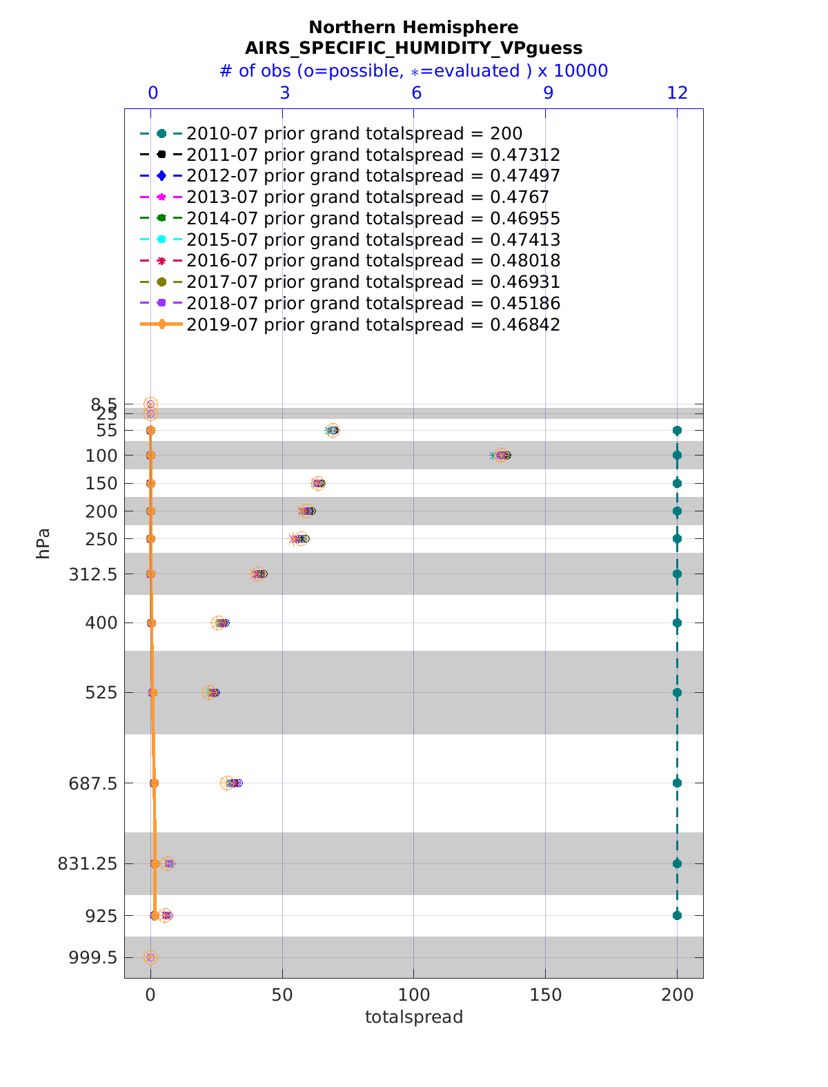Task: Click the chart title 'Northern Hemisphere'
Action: tap(413, 28)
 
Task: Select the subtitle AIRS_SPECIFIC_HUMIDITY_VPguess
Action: tap(413, 48)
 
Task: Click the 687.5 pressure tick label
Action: tap(94, 783)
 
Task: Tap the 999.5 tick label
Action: tap(94, 957)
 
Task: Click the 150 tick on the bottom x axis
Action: tap(545, 995)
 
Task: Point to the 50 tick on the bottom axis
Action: tap(282, 995)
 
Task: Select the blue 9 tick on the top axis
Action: tap(548, 93)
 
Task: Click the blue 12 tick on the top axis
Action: tap(678, 93)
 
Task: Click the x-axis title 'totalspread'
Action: tap(413, 1017)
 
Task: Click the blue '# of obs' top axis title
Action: tap(413, 71)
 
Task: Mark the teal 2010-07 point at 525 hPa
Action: tap(677, 692)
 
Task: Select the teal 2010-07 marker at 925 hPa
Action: tap(677, 915)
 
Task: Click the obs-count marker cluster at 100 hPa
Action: tap(502, 456)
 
